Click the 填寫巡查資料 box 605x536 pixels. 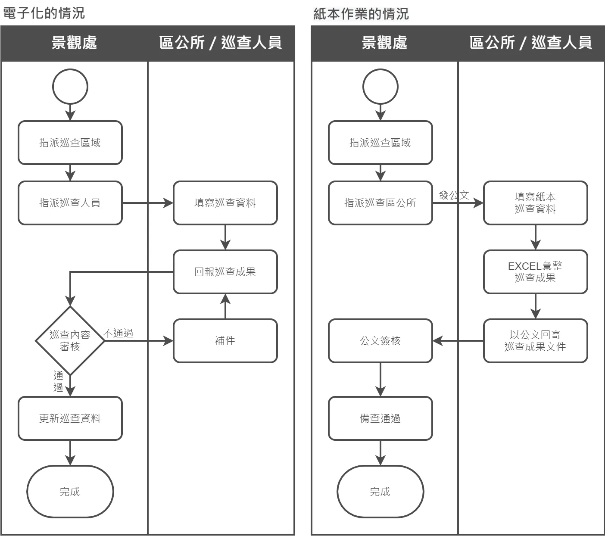click(225, 203)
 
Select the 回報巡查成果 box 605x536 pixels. click(225, 272)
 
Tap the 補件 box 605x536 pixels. click(225, 341)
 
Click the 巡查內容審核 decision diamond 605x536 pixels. click(70, 341)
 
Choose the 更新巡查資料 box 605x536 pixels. click(70, 418)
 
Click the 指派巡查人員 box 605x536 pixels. click(70, 203)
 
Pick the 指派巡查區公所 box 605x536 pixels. click(380, 203)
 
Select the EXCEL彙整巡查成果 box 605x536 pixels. click(536, 272)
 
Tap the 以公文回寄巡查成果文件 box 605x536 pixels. click(536, 341)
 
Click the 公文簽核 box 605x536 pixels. click(380, 341)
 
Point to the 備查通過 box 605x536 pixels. click(380, 418)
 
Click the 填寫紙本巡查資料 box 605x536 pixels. click(536, 203)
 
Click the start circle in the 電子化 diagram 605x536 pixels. click(70, 87)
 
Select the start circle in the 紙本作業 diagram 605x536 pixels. click(380, 87)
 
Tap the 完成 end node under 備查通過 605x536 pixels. click(380, 492)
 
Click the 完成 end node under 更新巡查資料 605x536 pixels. click(70, 492)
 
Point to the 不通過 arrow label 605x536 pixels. click(118, 333)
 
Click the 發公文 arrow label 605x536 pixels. click(454, 195)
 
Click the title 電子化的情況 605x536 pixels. click(44, 13)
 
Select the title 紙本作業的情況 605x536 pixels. click(361, 14)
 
